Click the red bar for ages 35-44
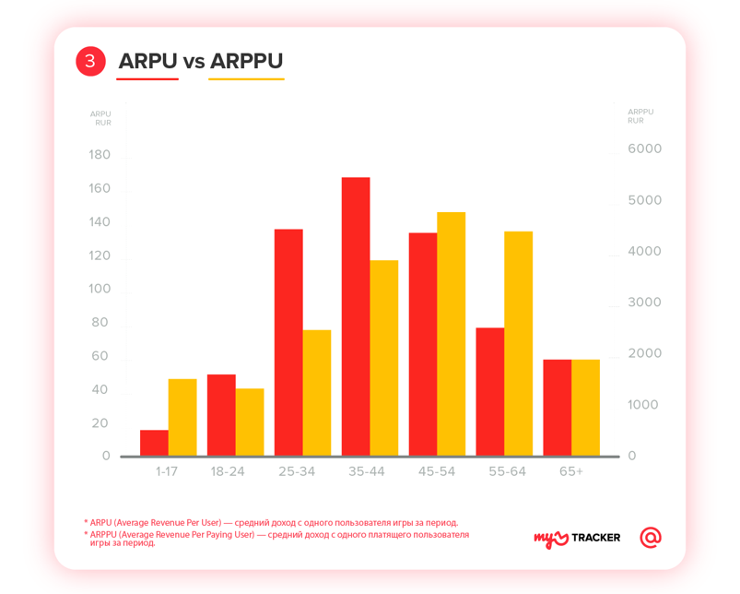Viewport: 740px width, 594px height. tap(356, 316)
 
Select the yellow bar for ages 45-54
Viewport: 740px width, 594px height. tap(452, 334)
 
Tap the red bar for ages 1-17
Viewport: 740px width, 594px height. tap(154, 443)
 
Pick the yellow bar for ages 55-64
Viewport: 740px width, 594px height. tap(519, 343)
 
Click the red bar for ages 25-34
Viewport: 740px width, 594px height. tap(288, 342)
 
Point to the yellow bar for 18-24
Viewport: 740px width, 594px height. tap(250, 422)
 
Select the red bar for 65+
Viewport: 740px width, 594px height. tap(558, 407)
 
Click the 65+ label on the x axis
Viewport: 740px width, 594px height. tap(571, 471)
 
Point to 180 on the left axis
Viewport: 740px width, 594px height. tap(100, 155)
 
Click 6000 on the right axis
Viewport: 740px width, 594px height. tap(645, 149)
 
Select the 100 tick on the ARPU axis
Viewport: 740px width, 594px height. tap(100, 289)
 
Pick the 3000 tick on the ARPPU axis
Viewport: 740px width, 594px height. tap(645, 303)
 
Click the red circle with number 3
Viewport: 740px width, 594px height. tap(90, 62)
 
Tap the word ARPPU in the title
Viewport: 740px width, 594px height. tap(246, 62)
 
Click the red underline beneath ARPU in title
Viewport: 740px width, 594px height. tap(148, 79)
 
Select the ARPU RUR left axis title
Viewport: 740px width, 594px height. tap(101, 118)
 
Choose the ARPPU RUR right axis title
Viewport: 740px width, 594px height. tap(640, 116)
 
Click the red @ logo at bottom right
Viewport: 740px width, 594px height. tap(651, 537)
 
